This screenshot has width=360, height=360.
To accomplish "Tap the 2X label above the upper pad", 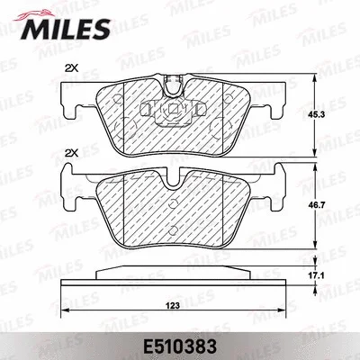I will [x=71, y=69].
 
